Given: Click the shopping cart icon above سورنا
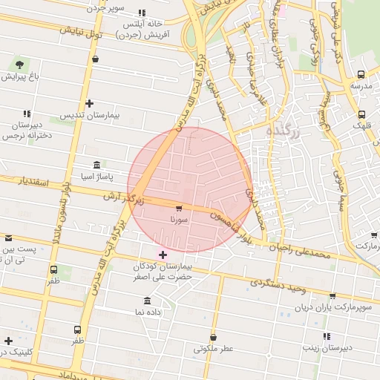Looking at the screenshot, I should click(179, 209).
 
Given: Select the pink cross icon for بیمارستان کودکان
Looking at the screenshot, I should click(163, 255).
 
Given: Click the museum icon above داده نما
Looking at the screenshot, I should click(147, 301).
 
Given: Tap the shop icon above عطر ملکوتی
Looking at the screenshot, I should click(213, 337).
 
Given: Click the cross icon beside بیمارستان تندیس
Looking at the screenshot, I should click(89, 104).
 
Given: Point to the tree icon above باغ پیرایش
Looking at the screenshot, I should click(19, 65).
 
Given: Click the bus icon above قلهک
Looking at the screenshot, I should click(361, 114).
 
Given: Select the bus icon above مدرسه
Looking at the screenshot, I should click(361, 74).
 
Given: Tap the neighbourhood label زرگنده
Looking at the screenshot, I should click(281, 131).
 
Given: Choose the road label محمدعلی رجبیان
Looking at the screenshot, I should click(301, 253).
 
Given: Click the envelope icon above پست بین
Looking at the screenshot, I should click(9, 239).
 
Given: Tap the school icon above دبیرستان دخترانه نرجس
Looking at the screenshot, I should click(27, 114).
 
